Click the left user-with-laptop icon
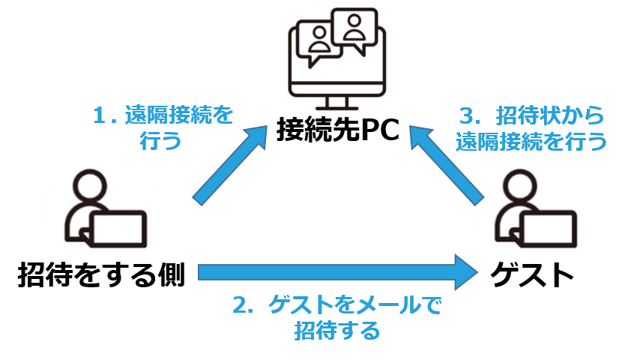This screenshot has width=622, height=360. click(x=103, y=208)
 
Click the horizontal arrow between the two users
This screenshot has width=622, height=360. click(x=337, y=270)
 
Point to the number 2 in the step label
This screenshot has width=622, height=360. click(x=241, y=307)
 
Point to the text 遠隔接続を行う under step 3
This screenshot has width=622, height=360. click(x=531, y=142)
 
